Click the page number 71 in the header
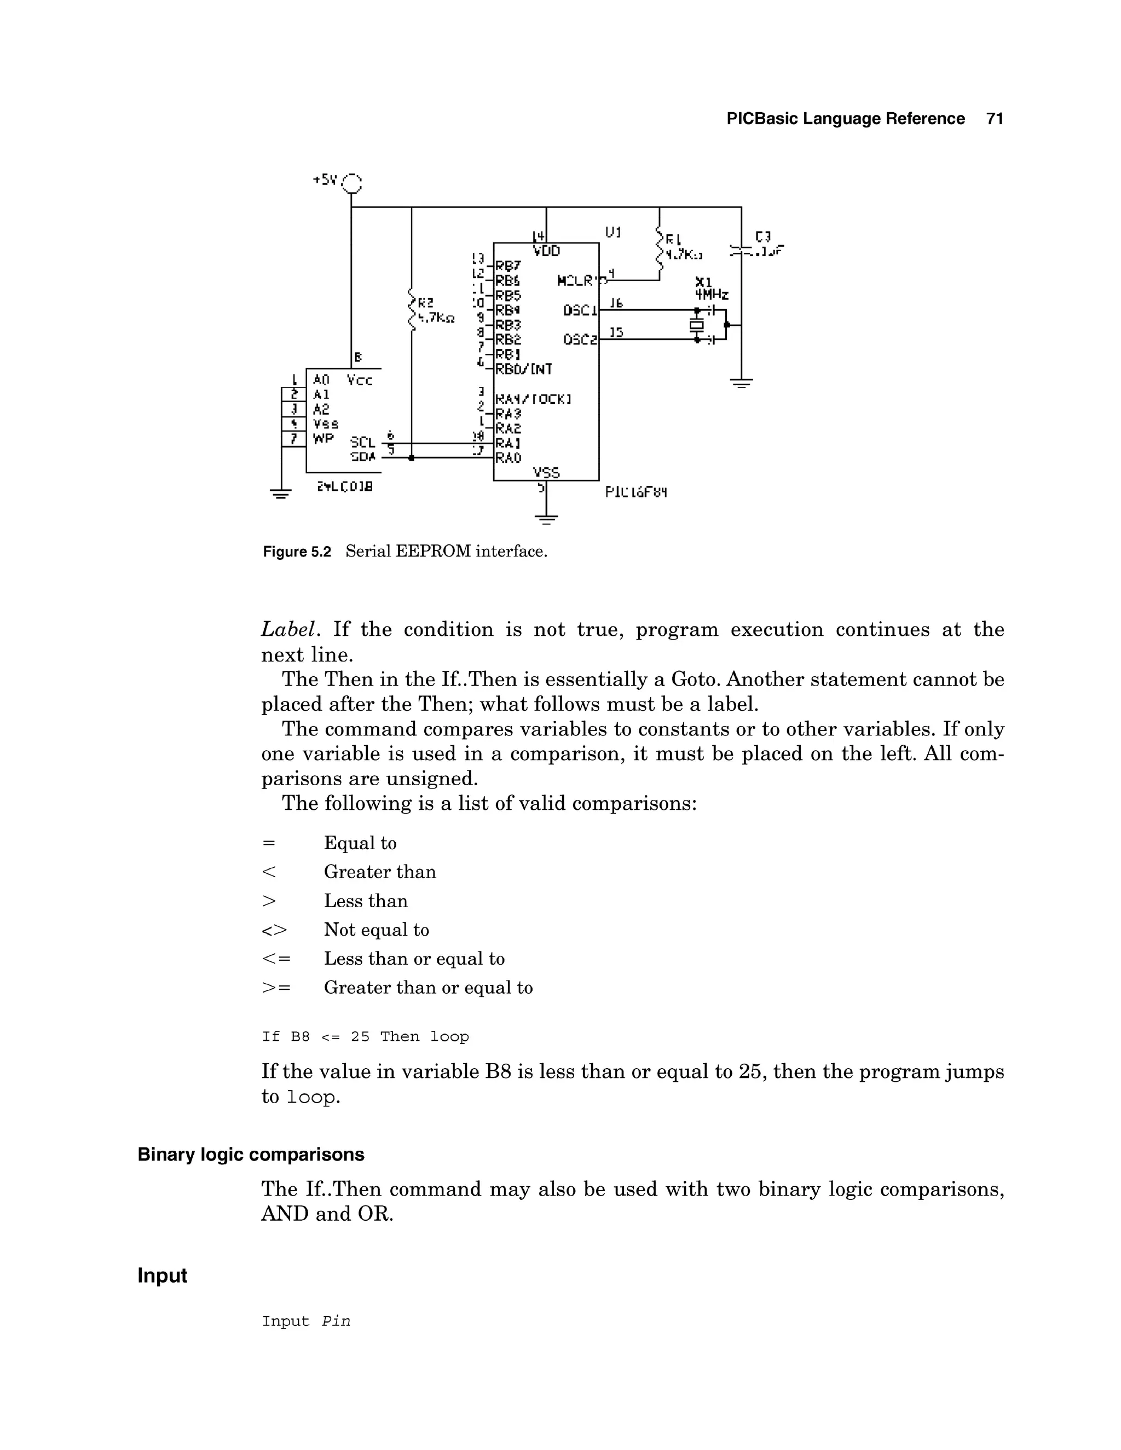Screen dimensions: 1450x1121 tap(994, 119)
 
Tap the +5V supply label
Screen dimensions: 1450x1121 tap(326, 179)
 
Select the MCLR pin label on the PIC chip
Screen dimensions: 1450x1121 tap(575, 281)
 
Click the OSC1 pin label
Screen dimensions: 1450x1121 tap(580, 310)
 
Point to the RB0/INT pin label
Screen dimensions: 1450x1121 tap(523, 368)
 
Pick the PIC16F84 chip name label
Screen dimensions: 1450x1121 tap(635, 492)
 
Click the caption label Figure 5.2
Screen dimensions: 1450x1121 tap(296, 552)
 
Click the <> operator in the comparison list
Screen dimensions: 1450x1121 tap(274, 930)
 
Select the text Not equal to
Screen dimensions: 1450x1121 tap(377, 930)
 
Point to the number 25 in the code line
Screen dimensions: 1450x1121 tap(360, 1036)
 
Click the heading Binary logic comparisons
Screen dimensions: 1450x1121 tap(251, 1155)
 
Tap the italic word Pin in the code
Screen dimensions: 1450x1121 tap(336, 1321)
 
